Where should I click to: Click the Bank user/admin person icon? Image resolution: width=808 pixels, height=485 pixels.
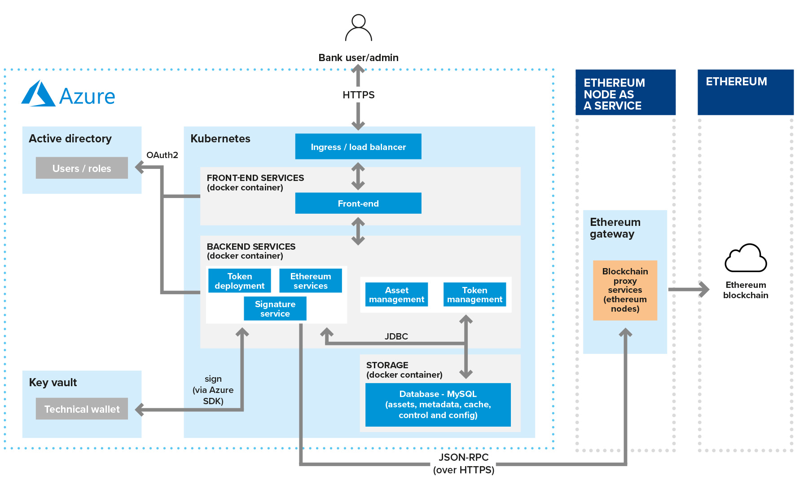(x=358, y=28)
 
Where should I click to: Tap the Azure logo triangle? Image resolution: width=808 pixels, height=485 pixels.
(x=38, y=94)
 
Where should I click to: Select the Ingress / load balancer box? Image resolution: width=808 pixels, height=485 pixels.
(x=358, y=146)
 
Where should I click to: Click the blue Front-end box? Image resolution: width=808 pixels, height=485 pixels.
(x=358, y=203)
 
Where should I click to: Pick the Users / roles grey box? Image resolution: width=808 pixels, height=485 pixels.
(x=82, y=168)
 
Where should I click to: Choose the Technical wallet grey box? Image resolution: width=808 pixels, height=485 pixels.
(x=82, y=409)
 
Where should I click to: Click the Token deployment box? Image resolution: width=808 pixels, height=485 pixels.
(x=239, y=281)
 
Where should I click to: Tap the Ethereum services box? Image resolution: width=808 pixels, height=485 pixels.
(x=310, y=281)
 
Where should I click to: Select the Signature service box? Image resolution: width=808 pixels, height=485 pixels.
(x=275, y=309)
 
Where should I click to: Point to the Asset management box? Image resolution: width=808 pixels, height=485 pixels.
(x=396, y=295)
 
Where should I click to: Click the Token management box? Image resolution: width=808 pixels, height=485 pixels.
(x=474, y=295)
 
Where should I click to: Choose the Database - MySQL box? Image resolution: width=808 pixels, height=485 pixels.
(x=438, y=404)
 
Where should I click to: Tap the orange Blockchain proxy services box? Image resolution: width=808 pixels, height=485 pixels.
(x=625, y=290)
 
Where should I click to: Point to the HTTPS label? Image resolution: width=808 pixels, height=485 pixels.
(x=358, y=95)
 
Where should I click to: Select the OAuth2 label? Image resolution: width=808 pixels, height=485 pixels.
(x=162, y=155)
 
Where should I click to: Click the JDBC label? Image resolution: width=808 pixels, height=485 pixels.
(x=396, y=336)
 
